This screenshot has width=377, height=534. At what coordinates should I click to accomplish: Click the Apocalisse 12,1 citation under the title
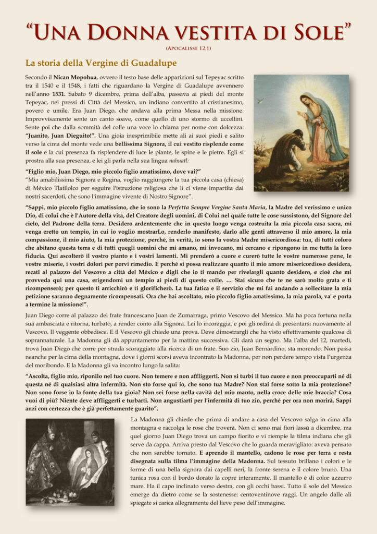[188, 48]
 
